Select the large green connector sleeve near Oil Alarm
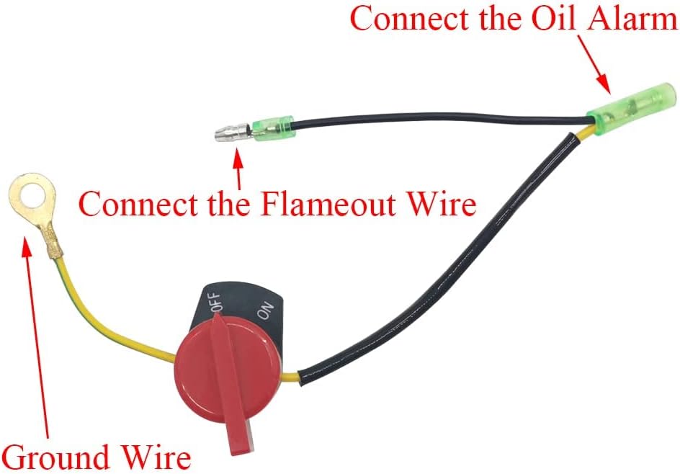point(631,109)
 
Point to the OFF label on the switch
point(216,301)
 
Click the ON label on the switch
point(265,311)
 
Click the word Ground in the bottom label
point(55,457)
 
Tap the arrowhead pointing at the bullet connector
point(237,159)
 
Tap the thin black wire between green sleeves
point(438,117)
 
